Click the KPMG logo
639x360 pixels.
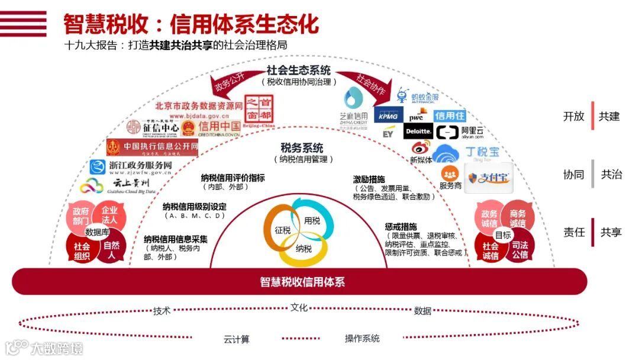pos(388,116)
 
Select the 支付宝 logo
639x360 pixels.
pos(488,178)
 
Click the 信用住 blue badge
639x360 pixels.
pos(450,115)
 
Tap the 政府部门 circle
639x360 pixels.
pos(81,215)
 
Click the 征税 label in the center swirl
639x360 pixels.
pos(283,230)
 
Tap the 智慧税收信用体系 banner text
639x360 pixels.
pos(302,282)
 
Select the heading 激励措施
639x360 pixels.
pos(369,179)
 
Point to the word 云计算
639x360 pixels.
pos(237,339)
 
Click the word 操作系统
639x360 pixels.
pos(362,339)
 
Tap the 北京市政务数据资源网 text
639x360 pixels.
pos(199,106)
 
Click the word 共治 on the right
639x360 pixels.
pos(611,175)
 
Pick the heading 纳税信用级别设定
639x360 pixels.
pos(195,207)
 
